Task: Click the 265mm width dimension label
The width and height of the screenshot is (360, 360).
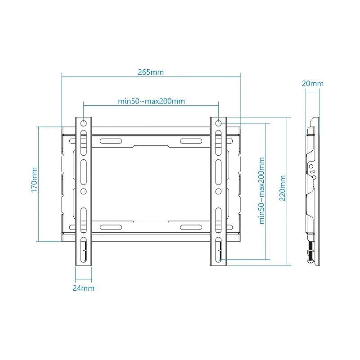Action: pos(151,72)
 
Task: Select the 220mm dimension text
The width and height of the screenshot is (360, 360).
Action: pos(283,189)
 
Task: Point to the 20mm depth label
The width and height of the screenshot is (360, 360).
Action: pos(312,83)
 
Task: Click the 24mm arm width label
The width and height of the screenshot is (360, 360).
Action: pos(83,288)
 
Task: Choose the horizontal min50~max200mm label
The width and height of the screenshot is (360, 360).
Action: pos(151,101)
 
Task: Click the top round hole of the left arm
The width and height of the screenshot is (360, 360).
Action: pos(84,123)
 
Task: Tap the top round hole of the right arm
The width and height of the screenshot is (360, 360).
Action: pos(218,123)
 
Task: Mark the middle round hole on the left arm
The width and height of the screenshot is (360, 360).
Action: pos(84,191)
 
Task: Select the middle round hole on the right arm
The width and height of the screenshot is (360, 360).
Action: pos(218,191)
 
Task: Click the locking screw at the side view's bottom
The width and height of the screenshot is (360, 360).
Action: pos(310,254)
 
